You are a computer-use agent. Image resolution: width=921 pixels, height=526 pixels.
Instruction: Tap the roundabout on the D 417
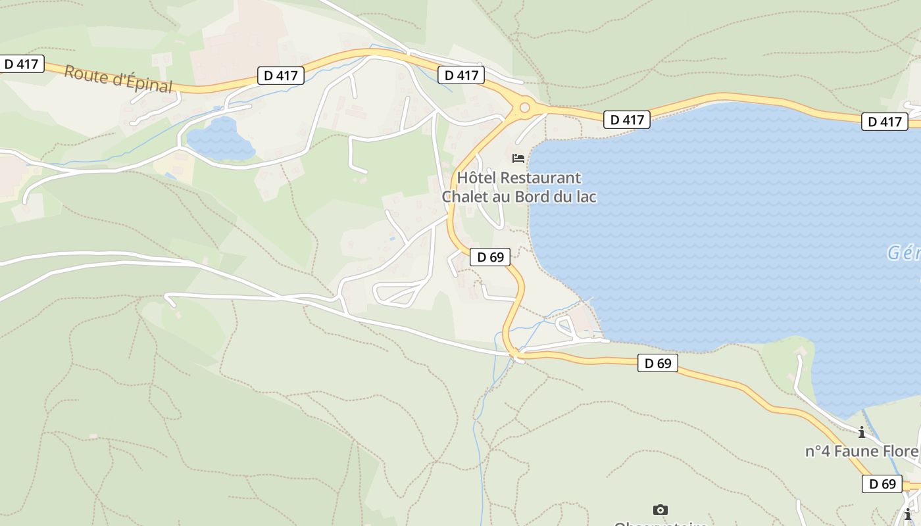click(524, 107)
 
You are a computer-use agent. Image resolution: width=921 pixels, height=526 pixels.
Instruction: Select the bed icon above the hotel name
click(518, 158)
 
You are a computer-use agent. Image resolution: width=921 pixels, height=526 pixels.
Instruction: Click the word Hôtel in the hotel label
click(477, 178)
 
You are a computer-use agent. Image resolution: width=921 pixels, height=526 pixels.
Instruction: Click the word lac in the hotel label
click(585, 197)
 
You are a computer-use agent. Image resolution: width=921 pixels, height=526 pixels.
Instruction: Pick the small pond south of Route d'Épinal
click(221, 139)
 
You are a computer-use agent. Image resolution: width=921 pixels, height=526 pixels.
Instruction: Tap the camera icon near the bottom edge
click(660, 510)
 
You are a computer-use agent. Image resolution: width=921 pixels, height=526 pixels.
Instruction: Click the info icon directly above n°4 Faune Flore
click(861, 432)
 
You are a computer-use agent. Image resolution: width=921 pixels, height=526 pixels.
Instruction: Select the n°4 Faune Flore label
click(862, 452)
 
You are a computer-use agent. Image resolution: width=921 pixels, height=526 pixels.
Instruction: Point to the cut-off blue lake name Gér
click(904, 253)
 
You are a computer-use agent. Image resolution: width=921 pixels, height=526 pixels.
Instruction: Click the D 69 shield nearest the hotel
click(490, 257)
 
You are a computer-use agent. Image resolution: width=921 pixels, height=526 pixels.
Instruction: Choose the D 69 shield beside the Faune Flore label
click(882, 484)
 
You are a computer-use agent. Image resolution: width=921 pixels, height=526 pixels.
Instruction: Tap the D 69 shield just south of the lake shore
click(657, 363)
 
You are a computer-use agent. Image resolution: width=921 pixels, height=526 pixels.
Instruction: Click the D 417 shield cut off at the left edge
click(22, 64)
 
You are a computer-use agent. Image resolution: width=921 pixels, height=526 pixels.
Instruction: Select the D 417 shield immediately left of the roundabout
click(461, 75)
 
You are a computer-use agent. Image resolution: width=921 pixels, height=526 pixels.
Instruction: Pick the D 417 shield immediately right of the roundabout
click(626, 120)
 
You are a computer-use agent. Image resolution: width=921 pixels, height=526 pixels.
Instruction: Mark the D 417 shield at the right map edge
click(884, 122)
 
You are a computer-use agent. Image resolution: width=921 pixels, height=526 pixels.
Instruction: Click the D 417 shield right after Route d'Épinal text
click(280, 76)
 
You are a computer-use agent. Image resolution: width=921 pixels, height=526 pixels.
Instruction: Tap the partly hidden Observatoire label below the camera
click(660, 523)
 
